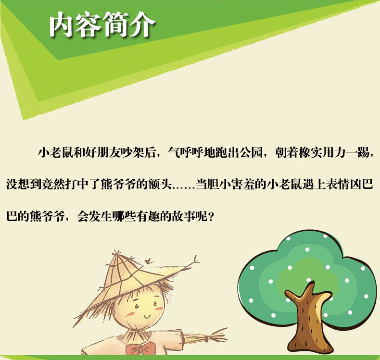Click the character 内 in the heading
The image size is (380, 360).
point(62,25)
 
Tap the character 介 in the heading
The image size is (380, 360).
point(142,25)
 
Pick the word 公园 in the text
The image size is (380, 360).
point(251,152)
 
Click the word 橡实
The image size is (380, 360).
point(311,152)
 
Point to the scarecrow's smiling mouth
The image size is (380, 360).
point(147,316)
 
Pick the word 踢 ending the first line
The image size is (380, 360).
point(364,152)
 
